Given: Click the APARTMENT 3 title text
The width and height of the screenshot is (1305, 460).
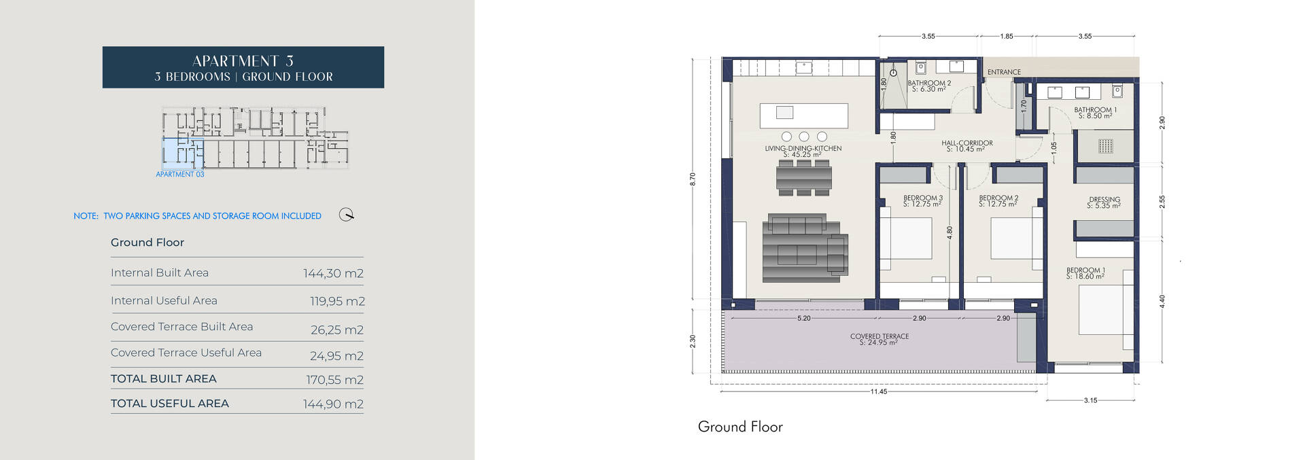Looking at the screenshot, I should click(243, 60).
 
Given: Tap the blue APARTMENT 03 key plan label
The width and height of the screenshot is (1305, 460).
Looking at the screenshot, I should click(179, 175).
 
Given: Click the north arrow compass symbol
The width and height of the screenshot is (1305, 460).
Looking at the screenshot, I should click(347, 215).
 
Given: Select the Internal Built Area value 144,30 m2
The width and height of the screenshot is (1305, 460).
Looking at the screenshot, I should click(333, 273).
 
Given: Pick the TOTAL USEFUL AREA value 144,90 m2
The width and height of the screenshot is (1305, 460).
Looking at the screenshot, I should click(333, 404).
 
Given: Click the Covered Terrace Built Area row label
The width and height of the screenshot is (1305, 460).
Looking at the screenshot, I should click(181, 327).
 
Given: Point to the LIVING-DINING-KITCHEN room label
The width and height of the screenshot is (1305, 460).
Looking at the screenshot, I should click(803, 148).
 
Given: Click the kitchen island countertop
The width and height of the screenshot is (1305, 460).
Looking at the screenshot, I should click(803, 116).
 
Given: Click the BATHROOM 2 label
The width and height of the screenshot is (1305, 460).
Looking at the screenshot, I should click(929, 83).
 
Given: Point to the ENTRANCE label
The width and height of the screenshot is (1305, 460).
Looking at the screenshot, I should click(1004, 72).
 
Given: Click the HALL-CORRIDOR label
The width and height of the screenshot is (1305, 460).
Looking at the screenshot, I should click(967, 143).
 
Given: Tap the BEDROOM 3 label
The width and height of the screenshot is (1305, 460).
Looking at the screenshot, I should click(922, 198).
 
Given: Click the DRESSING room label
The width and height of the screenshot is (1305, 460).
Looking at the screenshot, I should click(1104, 200).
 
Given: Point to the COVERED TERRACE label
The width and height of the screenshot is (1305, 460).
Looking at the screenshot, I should click(879, 336).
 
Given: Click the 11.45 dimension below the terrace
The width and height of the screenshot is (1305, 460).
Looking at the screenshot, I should click(878, 391).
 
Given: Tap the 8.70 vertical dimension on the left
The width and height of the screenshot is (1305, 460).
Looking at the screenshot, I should click(693, 179).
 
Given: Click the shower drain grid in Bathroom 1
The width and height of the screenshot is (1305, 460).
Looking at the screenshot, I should click(1105, 145).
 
